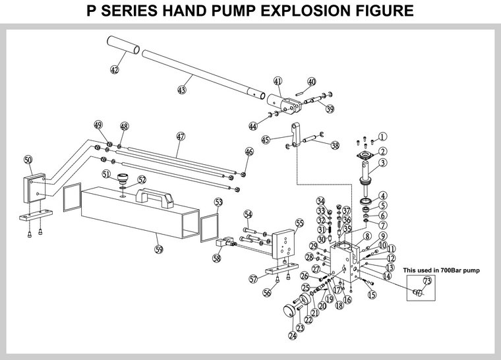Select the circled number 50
[x=27, y=160]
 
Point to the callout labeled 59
[x=158, y=249]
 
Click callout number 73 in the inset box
[x=427, y=282]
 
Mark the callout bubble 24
[x=292, y=335]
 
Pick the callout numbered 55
[x=299, y=224]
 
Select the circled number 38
[x=335, y=146]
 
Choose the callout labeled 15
[x=372, y=294]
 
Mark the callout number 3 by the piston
[x=382, y=164]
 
